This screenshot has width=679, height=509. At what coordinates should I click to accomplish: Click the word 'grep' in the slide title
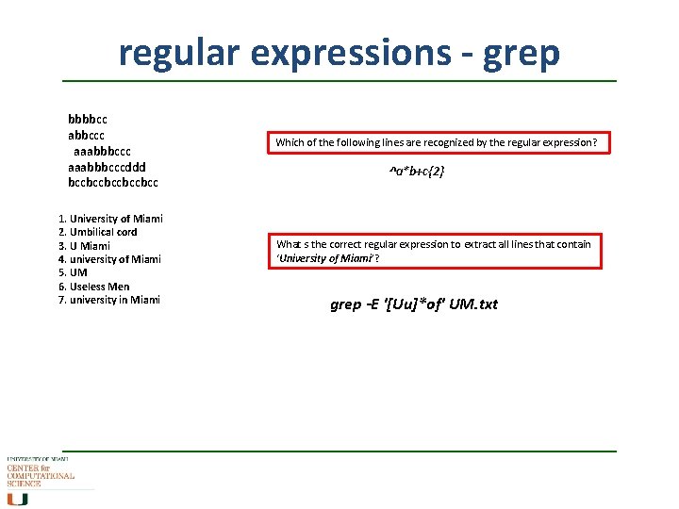[522, 53]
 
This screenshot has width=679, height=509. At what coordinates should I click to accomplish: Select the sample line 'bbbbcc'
[88, 120]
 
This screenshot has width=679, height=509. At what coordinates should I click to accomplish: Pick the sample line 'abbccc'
[87, 135]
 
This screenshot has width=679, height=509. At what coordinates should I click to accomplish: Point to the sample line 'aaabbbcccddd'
[107, 166]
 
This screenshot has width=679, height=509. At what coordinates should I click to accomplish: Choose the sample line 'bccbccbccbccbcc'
[113, 181]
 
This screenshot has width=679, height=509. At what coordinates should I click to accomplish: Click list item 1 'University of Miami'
[110, 219]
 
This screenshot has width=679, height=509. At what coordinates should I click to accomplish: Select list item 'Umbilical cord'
[98, 232]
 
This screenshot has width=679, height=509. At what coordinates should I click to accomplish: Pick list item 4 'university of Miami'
[109, 259]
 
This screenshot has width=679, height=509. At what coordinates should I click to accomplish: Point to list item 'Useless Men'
[94, 287]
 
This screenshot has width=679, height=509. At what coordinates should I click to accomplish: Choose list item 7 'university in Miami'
[109, 300]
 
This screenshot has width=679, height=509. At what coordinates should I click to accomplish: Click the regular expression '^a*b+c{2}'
[417, 172]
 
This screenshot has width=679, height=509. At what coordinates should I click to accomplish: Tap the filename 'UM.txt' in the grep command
[473, 304]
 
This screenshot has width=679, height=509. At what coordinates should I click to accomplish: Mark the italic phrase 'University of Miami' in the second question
[324, 258]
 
